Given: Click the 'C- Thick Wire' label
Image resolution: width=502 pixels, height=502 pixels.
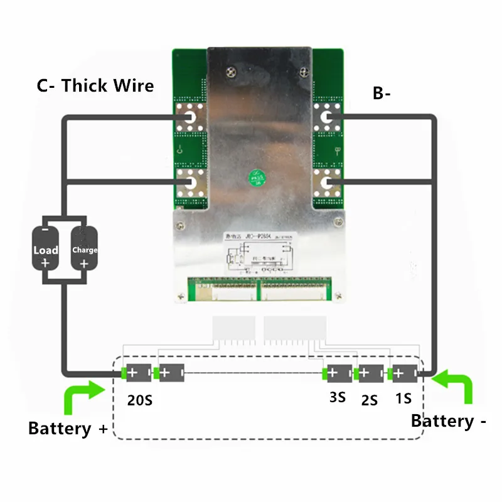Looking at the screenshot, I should pos(95,85).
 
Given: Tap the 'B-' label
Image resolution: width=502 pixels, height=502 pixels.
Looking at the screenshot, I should pos(382,93).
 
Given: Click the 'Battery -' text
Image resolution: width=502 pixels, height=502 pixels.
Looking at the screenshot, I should pos(449,421).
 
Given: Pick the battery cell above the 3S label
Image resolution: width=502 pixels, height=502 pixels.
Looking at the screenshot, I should pos(337,373).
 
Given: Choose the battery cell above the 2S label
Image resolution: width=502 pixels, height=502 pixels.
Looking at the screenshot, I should pos(370,373).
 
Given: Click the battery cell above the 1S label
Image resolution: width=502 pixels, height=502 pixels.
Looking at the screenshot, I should pos(403,373).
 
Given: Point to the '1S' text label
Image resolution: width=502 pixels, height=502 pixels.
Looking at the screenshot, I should pos(403,398).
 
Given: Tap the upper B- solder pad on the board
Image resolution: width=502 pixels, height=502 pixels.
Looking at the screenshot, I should pos(328,117).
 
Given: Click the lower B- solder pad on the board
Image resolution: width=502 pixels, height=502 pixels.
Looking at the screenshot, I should pos(328,183).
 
